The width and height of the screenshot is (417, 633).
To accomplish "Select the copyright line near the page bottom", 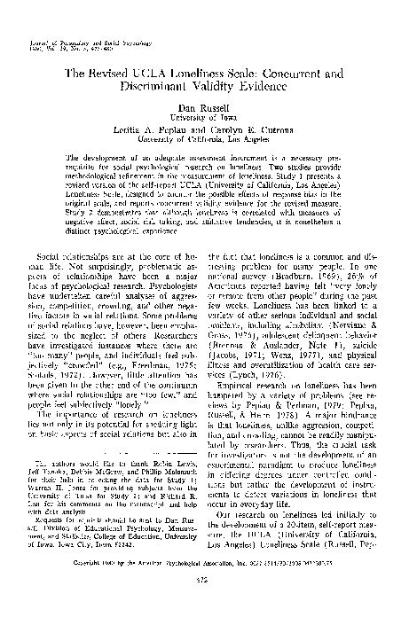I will (208, 587).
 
